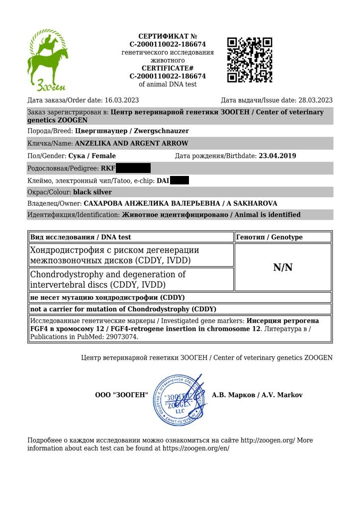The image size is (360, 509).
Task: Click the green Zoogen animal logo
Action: coord(47,60)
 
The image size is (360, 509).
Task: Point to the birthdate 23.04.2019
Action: coord(277,156)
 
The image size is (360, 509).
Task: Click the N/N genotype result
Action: coord(283,267)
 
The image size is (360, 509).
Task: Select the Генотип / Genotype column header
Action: coord(269,237)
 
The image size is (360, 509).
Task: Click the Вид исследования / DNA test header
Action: coord(81,237)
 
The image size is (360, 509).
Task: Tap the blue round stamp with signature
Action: coord(180,399)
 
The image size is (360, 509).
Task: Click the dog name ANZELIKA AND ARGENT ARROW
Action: coord(131,144)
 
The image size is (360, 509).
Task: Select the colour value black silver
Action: coord(92,192)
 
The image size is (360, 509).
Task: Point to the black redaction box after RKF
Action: coord(133,169)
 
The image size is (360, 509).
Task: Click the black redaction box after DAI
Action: coord(180,180)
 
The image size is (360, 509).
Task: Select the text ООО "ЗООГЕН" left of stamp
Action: coord(122,395)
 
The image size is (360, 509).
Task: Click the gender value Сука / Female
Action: coord(92,156)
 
